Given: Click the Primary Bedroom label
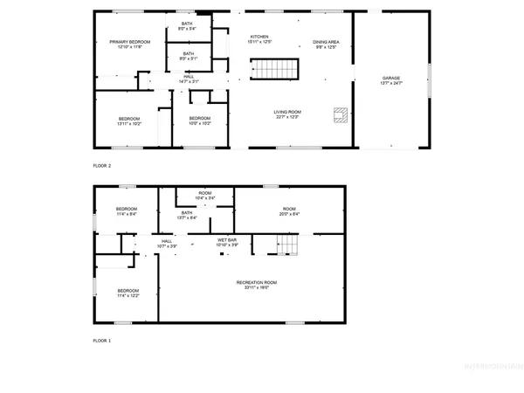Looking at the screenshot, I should coord(129,45).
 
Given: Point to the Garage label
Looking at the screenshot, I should coord(390,80).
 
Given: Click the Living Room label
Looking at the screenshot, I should coord(287,114).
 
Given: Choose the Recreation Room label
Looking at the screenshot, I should coord(257,284).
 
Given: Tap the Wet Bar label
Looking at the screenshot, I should coord(227,242).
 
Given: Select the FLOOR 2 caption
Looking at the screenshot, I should coord(102,165).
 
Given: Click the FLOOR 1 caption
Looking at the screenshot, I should coord(102,340).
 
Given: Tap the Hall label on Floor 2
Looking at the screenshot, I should coord(189,79).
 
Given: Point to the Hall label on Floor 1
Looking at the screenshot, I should coord(167,244).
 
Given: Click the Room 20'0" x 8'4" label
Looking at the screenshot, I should coord(289,211).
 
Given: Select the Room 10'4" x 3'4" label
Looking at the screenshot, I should coord(204,196).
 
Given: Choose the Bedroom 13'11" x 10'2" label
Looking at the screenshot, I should coord(129,121).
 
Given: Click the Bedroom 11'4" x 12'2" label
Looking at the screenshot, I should coord(128,293).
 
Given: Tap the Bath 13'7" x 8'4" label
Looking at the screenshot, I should coord(187,215).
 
